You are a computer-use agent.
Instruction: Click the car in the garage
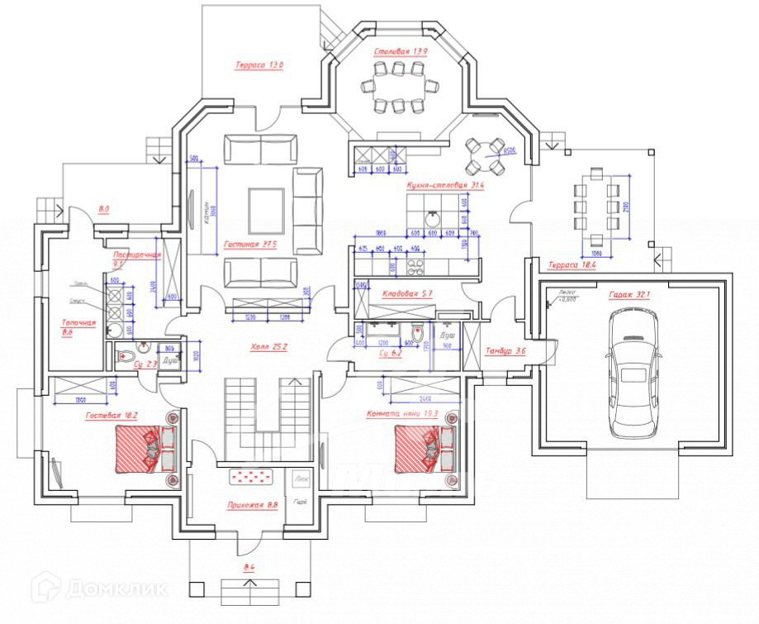[x=633, y=373]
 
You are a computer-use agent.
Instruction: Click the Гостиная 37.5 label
[x=249, y=245]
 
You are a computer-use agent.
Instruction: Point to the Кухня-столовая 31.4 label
[x=444, y=186]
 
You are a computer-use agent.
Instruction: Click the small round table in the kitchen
[x=485, y=155]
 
